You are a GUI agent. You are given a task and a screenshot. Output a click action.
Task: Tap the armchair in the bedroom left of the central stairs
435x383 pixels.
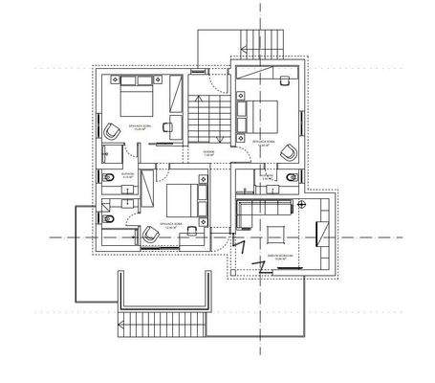click(113, 135)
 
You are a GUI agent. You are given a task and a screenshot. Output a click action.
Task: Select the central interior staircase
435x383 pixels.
click(207, 119)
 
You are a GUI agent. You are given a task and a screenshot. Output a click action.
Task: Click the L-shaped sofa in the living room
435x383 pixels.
click(258, 208)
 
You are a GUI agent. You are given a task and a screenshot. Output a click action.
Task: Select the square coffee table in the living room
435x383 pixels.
click(276, 231)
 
